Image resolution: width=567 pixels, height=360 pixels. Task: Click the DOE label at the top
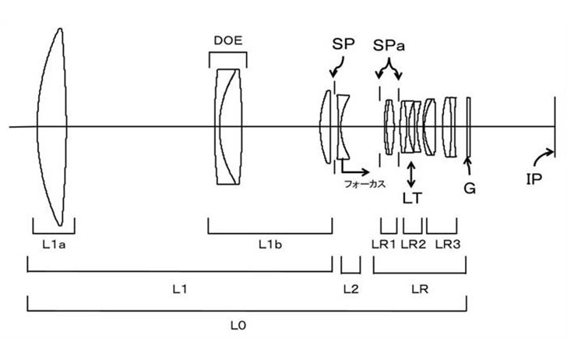coord(228,41)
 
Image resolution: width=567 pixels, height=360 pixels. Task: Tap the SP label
coord(343,44)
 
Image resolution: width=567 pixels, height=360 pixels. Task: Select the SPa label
coord(389,46)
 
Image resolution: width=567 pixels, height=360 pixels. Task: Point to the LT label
coord(412,198)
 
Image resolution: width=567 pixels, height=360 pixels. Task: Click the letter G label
coord(470,188)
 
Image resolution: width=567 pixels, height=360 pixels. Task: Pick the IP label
coord(534,178)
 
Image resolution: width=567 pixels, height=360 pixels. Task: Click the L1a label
coord(54,245)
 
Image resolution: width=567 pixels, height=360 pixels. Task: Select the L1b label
coord(270,245)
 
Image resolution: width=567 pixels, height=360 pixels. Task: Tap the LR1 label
coord(384,245)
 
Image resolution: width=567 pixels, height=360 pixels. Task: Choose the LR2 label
coord(414,245)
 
